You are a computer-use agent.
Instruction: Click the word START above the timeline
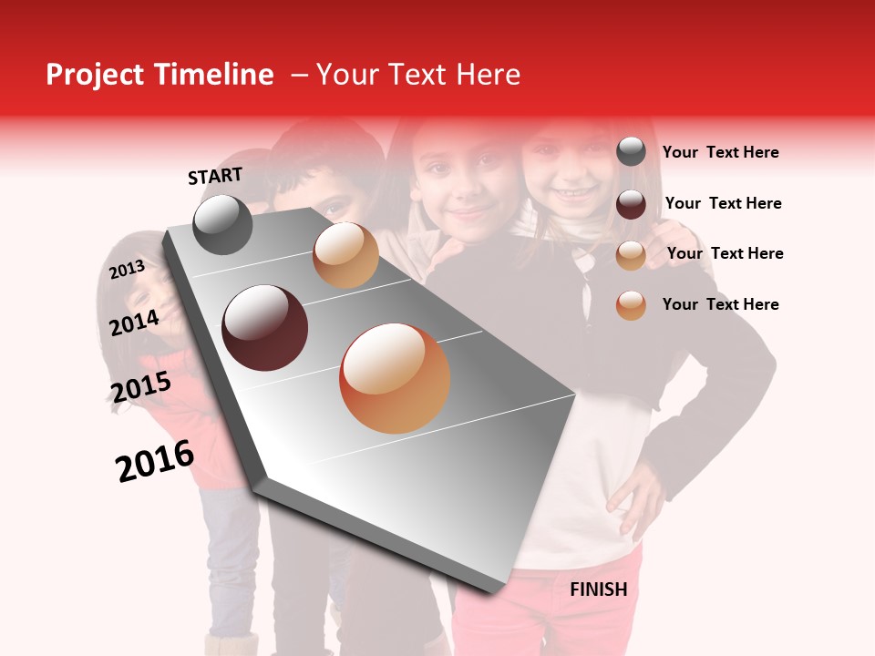point(215,176)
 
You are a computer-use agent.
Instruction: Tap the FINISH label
point(599,589)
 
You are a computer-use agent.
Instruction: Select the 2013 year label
point(128,270)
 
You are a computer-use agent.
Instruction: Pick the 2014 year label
point(134,323)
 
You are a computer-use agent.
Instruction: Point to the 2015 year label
point(141,387)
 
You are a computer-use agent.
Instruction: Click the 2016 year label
point(155,461)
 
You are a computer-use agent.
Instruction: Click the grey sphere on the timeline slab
point(223,224)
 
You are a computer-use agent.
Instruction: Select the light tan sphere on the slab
point(345,255)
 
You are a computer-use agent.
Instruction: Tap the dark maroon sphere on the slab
point(265,327)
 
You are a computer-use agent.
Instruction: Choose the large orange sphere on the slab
point(395,378)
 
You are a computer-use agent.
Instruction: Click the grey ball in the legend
point(631,152)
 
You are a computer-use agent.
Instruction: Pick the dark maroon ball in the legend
point(631,204)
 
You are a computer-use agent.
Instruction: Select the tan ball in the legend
point(631,255)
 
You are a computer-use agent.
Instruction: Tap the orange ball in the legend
point(631,305)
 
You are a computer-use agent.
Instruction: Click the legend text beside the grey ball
point(720,153)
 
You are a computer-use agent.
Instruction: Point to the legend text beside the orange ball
point(720,304)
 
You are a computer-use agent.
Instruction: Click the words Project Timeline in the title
point(160,75)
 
